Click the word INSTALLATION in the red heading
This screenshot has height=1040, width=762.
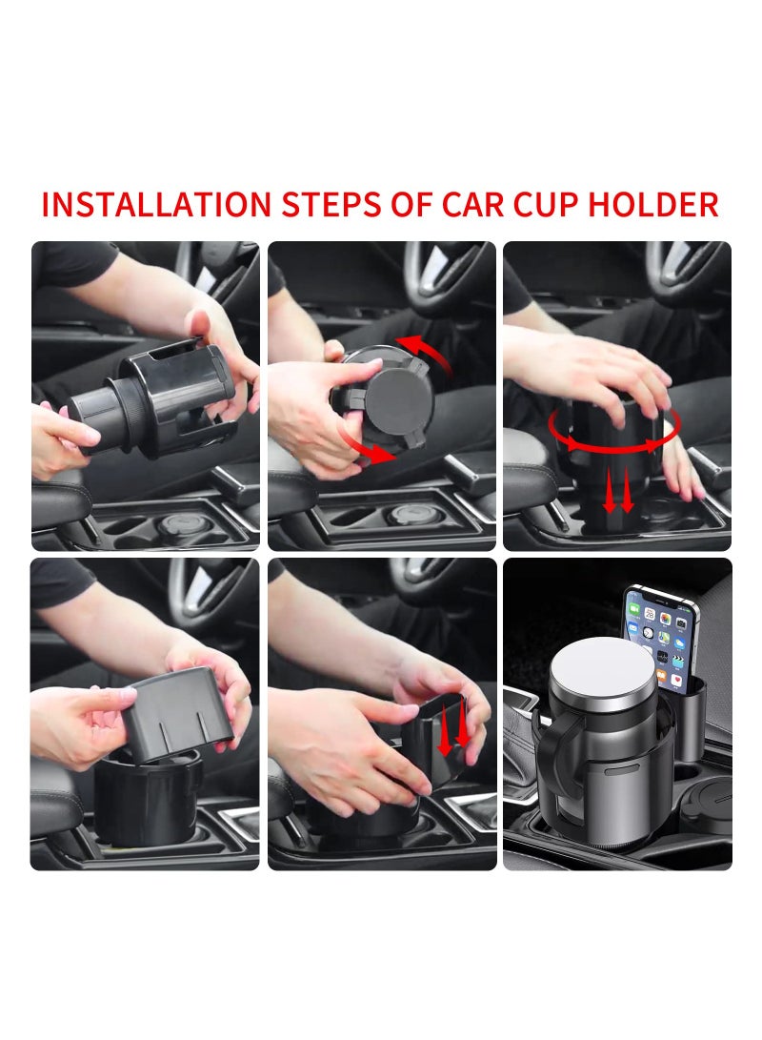click(x=156, y=205)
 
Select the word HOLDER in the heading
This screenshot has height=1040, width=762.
click(x=653, y=205)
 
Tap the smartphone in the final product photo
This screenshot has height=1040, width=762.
click(x=661, y=637)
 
